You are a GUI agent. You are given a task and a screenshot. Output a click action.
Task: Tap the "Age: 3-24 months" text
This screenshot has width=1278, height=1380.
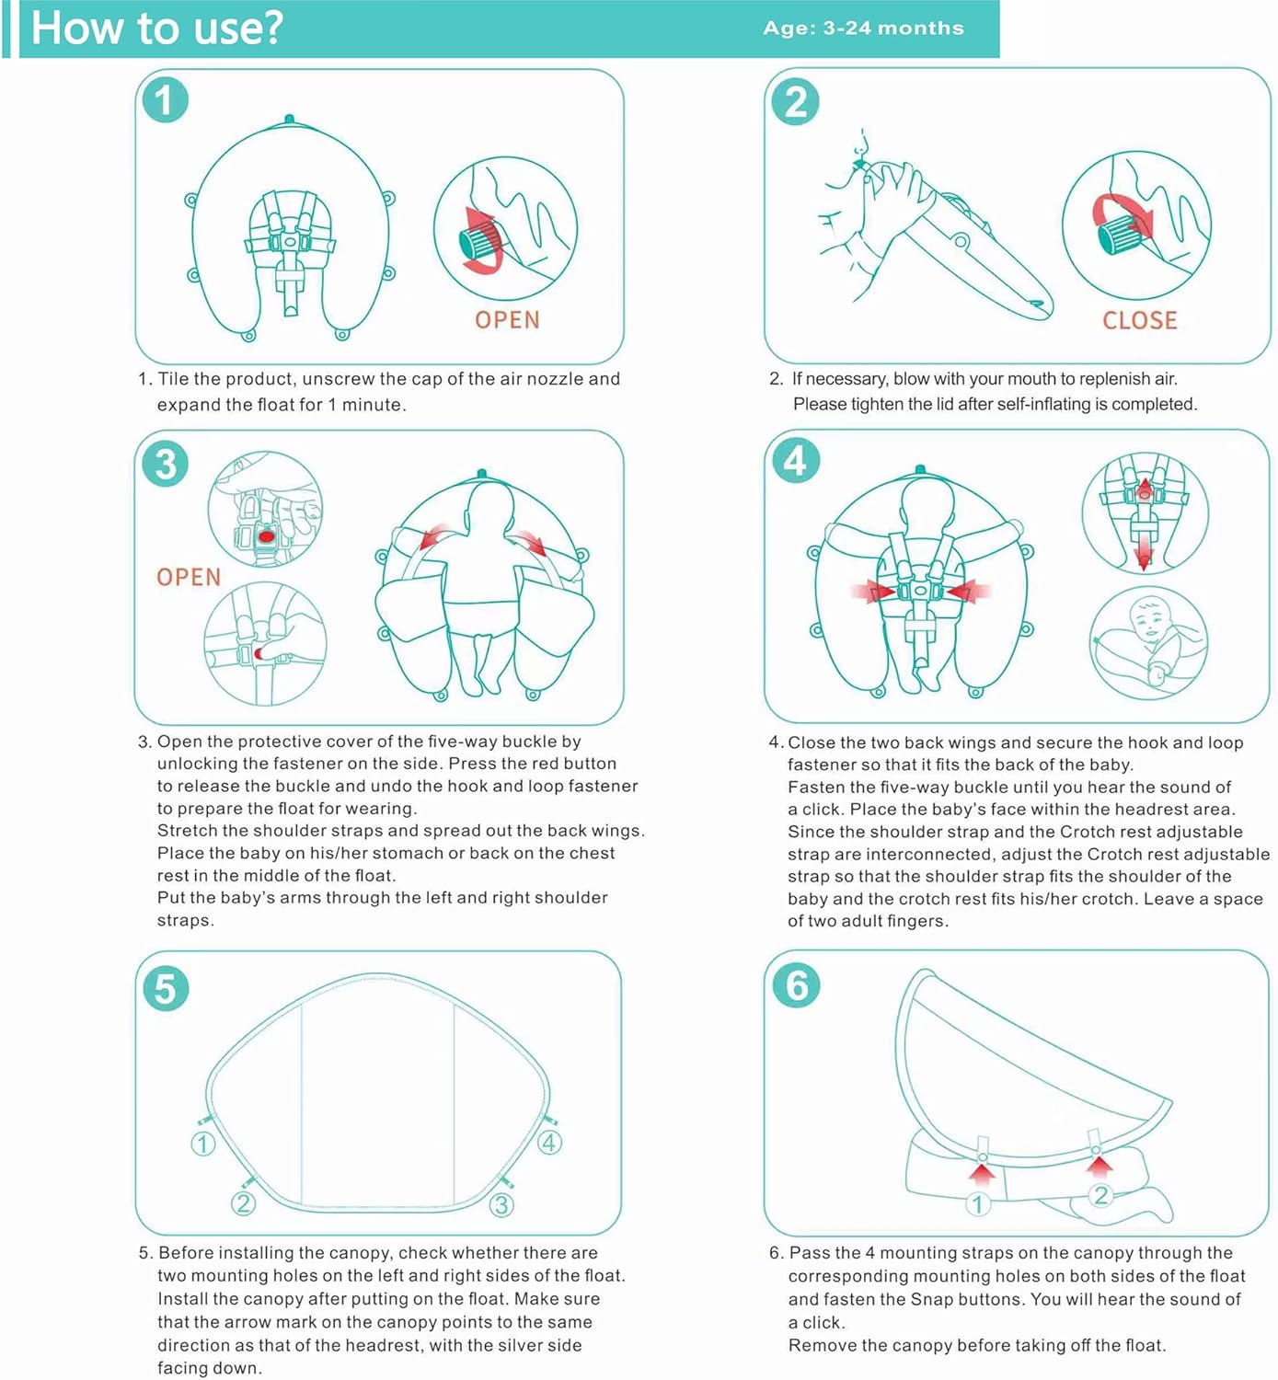[863, 29]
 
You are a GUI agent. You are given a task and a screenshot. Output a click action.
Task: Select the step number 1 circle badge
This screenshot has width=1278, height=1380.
[166, 100]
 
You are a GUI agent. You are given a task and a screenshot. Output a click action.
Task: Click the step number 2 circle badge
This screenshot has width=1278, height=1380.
[796, 102]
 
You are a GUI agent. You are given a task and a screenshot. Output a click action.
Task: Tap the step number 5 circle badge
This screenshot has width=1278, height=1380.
[166, 987]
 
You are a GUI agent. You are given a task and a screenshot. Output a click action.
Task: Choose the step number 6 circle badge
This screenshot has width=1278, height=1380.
[797, 985]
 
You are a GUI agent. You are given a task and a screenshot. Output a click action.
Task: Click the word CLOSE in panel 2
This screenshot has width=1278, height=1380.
[1140, 320]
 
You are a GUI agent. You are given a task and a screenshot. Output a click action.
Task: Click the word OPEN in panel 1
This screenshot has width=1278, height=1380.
[507, 319]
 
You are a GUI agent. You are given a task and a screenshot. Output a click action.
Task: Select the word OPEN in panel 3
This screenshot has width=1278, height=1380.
[189, 577]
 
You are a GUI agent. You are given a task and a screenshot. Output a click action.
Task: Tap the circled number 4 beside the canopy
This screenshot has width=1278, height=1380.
[549, 1143]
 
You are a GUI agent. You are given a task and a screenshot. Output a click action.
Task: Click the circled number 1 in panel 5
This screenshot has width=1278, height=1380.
[203, 1144]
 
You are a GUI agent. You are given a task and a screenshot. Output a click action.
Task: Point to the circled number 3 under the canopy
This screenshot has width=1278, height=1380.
[501, 1204]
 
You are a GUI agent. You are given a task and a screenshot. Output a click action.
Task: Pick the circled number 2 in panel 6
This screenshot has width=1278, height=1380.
[1100, 1195]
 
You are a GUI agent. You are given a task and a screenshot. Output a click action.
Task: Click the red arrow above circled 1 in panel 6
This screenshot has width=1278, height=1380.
[982, 1176]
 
